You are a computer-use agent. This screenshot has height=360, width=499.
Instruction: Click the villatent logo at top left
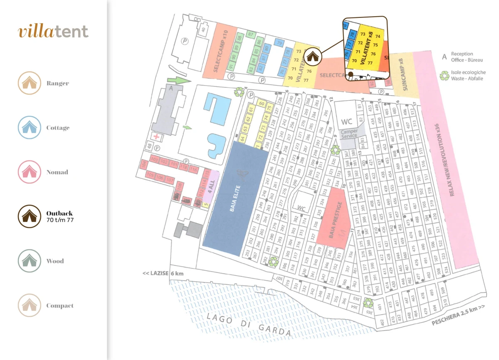point(53,31)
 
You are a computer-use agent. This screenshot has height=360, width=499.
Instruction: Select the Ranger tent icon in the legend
point(29,83)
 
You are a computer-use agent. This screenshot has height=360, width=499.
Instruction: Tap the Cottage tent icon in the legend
point(29,128)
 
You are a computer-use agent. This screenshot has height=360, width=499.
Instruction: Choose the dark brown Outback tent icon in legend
point(29,216)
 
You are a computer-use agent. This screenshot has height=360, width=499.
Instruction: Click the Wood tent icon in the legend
point(29,261)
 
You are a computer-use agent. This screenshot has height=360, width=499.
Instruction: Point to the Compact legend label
point(60,306)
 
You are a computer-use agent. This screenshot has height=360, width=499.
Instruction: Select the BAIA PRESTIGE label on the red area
point(336,220)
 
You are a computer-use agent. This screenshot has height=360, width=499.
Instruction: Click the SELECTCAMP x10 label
point(220,51)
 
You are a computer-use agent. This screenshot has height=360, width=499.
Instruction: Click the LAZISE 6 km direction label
point(163,273)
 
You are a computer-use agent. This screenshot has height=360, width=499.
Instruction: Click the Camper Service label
point(349,133)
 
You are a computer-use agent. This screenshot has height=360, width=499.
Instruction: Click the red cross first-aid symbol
point(157,137)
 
